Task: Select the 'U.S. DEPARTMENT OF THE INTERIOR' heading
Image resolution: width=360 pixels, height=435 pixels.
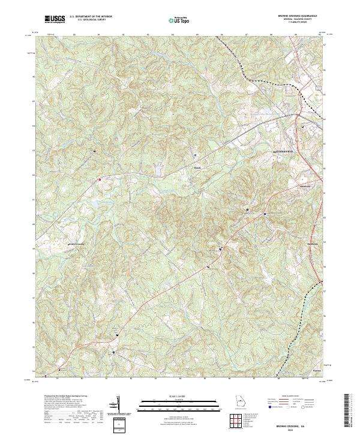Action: [x=91, y=16]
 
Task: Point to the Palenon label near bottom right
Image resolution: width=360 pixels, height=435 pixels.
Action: [x=318, y=371]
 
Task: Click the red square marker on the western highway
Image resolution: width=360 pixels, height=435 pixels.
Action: [x=100, y=178]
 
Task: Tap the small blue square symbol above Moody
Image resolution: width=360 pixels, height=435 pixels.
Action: [x=195, y=155]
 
